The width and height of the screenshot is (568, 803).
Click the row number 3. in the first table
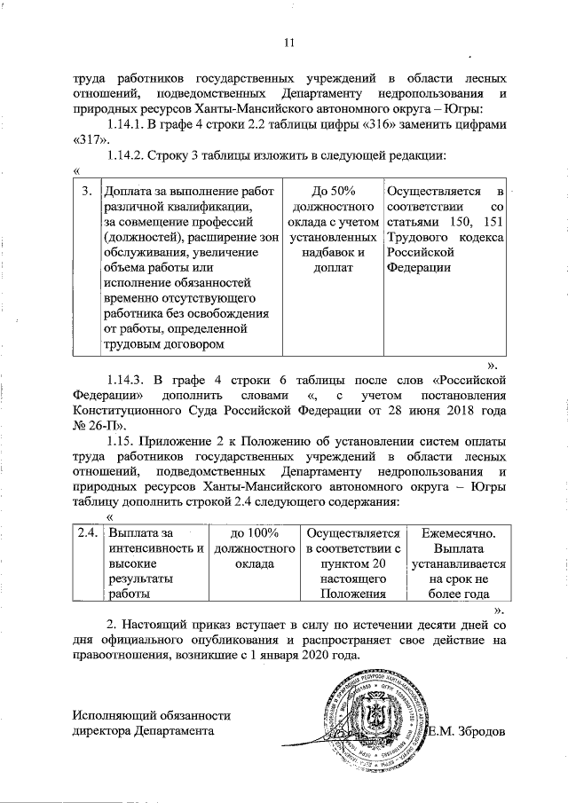pos(87,192)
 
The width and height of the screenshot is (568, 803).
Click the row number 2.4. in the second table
pos(86,532)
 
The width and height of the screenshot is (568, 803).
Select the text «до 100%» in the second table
pos(255,532)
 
